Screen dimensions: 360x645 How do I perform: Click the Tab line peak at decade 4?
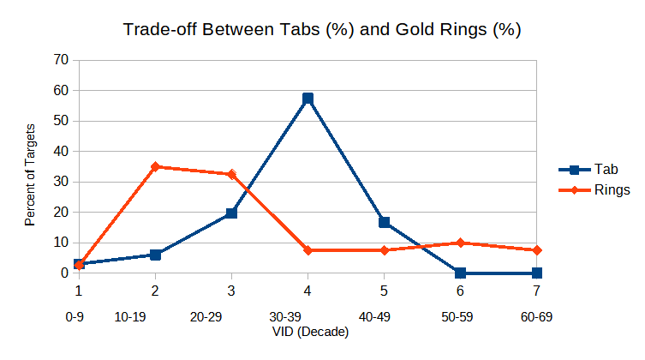[x=308, y=99]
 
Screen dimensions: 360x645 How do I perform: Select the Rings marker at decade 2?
[x=155, y=166]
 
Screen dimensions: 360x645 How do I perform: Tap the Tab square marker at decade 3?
[x=231, y=213]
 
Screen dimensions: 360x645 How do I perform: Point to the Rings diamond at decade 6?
[x=461, y=243]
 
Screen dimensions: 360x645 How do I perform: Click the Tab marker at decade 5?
[x=385, y=222]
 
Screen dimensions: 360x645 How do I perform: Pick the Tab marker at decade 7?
[x=537, y=273]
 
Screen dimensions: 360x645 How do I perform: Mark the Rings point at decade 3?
[x=231, y=174]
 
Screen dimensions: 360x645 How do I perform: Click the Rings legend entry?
[x=592, y=189]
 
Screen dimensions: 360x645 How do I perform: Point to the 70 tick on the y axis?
[x=61, y=60]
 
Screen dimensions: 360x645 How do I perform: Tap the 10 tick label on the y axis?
[x=61, y=243]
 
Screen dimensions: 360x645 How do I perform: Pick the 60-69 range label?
[x=536, y=317]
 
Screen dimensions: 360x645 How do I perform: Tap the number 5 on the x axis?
[x=385, y=291]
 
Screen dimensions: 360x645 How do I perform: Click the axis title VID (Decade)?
[x=308, y=334]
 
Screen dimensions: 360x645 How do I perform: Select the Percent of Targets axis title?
[x=31, y=175]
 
